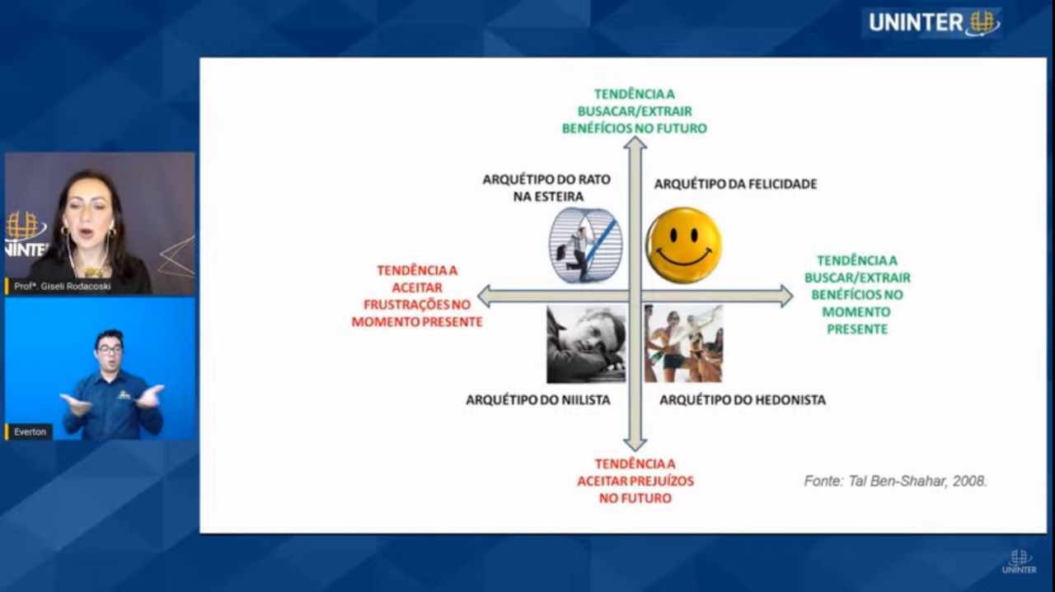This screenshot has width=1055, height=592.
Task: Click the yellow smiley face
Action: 684,245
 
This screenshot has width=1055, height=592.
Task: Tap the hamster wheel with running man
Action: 585,245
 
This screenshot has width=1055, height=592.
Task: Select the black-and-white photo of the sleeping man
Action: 586,344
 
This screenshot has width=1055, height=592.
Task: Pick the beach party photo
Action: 683,344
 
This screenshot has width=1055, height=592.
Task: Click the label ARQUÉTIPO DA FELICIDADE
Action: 736,184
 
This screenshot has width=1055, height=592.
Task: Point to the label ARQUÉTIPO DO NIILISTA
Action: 538,400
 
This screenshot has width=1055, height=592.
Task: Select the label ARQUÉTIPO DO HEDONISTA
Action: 743,400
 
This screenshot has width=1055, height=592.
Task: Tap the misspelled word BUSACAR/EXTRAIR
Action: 635,111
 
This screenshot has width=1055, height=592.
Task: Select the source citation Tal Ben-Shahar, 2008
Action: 917,481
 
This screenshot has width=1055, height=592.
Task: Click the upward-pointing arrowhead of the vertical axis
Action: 635,142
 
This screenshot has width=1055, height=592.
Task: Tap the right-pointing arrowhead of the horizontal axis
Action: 787,296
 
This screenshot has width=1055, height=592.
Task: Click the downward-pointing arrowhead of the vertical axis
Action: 635,445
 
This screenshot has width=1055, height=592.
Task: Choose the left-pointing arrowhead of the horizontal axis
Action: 484,296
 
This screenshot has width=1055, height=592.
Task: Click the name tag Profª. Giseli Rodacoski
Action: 61,286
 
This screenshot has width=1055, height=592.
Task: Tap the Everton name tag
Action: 29,432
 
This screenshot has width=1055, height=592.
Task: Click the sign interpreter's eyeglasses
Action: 110,350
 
